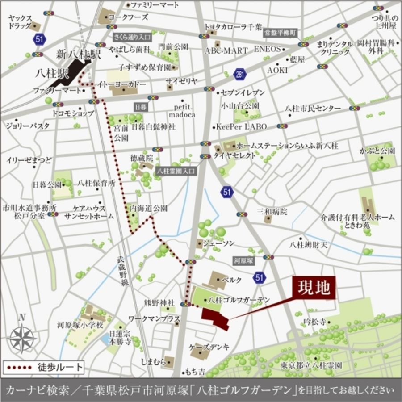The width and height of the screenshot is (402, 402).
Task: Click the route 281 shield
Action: (x=240, y=74)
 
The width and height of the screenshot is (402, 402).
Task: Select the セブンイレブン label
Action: (x=243, y=92)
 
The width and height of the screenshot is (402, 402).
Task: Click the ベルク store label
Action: (x=234, y=280)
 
